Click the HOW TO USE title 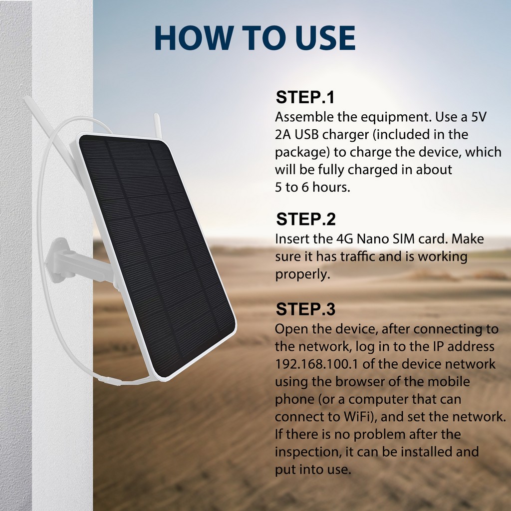tap(255, 38)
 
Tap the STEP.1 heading tap(305, 97)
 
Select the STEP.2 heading tap(306, 219)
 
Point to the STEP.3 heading tap(305, 309)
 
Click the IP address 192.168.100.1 tap(316, 364)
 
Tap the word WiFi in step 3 tap(358, 417)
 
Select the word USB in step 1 tap(306, 134)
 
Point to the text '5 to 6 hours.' tap(312, 187)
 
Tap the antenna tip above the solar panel tap(156, 116)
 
